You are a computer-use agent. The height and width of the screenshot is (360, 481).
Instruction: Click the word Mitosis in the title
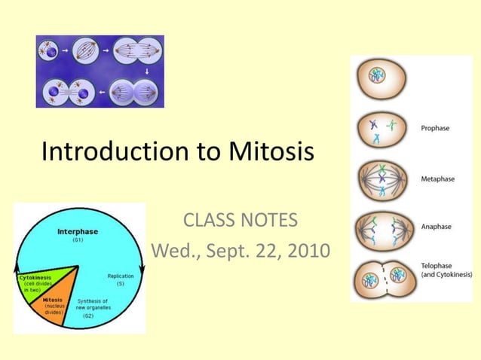click(265, 152)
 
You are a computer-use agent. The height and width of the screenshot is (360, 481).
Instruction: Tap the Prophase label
click(435, 128)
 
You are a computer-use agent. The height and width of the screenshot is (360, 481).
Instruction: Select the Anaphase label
click(437, 226)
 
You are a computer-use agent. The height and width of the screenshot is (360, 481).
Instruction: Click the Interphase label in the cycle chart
click(78, 232)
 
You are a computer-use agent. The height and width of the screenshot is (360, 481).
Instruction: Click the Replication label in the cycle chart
click(121, 276)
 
